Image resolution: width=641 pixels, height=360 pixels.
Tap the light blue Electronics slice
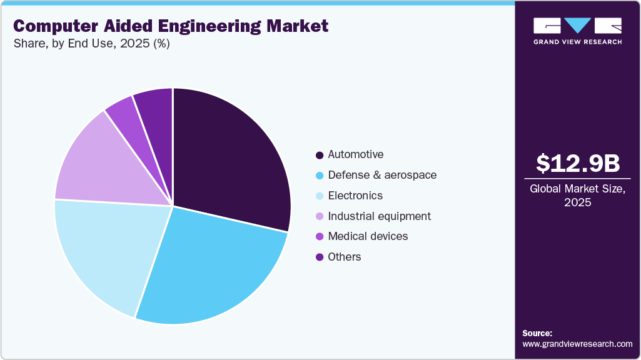click(106, 250)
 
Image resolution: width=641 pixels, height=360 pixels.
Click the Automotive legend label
click(356, 154)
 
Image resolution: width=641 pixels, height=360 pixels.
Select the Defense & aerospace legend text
click(382, 175)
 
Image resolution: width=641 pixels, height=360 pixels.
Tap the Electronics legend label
click(355, 196)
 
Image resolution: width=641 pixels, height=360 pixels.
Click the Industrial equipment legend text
click(379, 216)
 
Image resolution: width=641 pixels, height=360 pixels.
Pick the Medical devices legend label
click(368, 236)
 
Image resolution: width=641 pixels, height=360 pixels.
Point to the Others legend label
click(345, 257)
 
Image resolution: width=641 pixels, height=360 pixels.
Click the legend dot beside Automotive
click(320, 155)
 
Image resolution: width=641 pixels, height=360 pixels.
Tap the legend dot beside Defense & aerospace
click(320, 176)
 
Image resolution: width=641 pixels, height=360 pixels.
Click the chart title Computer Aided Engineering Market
click(171, 26)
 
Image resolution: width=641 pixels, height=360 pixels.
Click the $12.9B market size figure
click(578, 163)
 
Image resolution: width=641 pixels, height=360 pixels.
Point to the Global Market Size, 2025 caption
click(578, 196)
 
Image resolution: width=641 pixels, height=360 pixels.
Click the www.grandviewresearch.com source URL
click(577, 344)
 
